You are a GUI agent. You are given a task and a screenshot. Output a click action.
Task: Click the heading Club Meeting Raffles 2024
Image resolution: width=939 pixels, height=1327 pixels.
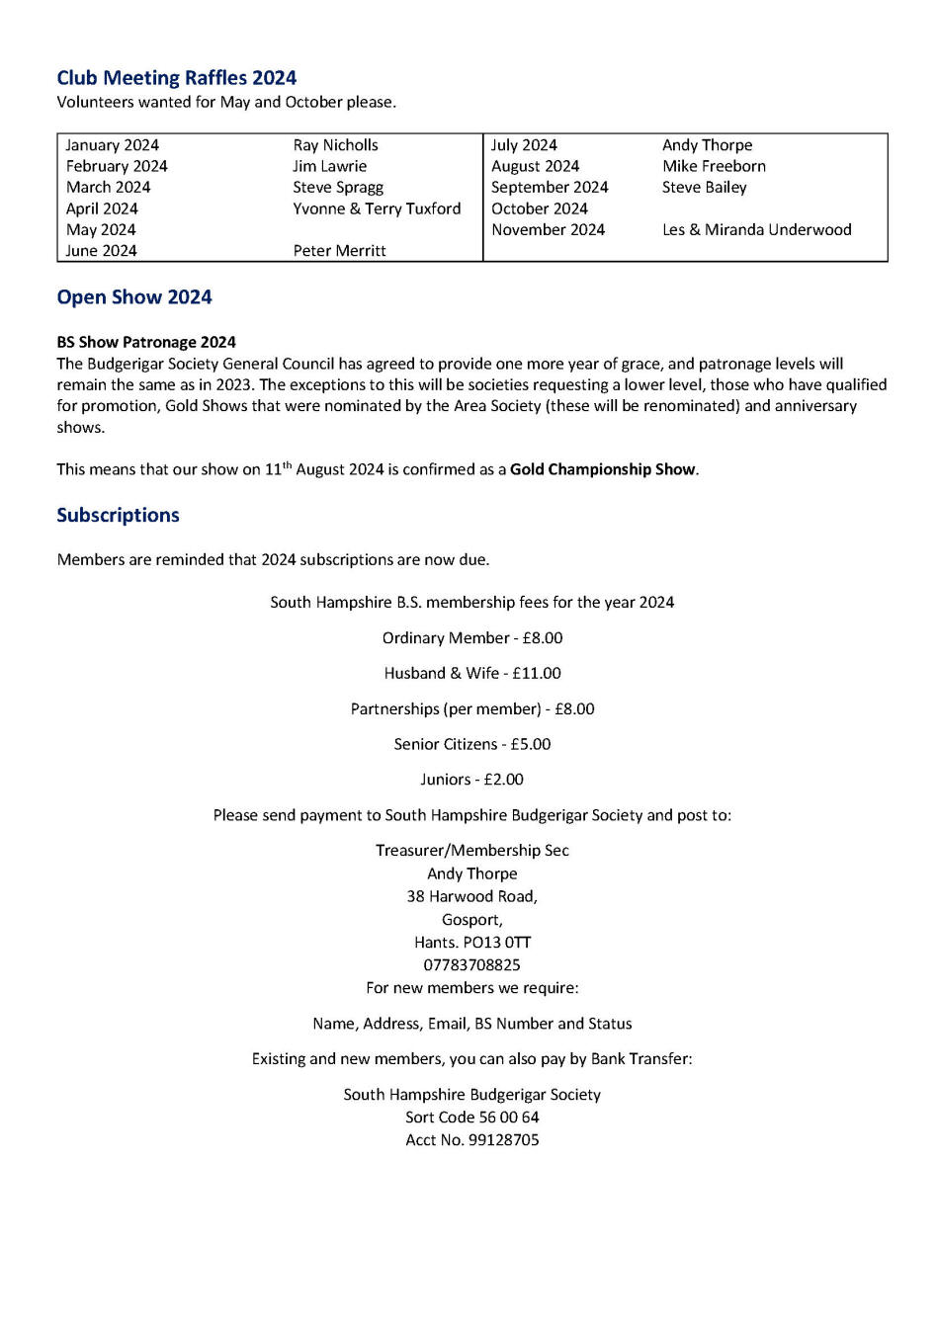(176, 78)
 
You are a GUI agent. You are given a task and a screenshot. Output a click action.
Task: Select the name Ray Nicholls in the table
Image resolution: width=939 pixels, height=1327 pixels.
(335, 145)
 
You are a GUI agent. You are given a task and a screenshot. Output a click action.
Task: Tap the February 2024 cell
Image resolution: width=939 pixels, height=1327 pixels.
(117, 166)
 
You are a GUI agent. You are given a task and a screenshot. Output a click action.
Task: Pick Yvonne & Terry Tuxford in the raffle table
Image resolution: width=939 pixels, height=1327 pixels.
(377, 208)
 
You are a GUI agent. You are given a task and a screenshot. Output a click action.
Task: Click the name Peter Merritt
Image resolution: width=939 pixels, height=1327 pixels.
(339, 251)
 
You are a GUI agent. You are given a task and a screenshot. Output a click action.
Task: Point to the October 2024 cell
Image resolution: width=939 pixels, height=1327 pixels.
(539, 208)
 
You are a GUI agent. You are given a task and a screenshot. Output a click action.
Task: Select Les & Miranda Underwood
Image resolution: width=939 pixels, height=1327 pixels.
(756, 229)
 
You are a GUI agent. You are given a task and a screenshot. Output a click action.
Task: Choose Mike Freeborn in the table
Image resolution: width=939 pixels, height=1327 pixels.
(714, 166)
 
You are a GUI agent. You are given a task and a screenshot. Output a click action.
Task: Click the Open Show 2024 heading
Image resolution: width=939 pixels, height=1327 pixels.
(134, 297)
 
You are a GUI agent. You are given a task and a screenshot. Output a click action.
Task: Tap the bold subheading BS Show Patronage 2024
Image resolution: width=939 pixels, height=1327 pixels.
(146, 342)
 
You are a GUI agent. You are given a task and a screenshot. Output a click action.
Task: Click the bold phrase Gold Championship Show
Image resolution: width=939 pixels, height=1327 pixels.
(602, 469)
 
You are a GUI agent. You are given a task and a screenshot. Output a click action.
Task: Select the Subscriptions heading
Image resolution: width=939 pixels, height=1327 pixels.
(118, 515)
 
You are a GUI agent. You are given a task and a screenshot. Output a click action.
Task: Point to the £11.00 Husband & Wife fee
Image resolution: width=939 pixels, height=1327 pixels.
(537, 673)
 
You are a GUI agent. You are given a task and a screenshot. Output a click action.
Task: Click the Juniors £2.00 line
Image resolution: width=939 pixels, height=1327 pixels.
(471, 780)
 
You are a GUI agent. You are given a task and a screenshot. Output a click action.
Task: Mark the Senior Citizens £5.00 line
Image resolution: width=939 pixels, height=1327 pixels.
(471, 744)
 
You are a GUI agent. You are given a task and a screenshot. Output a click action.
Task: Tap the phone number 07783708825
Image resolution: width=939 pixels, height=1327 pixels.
(471, 965)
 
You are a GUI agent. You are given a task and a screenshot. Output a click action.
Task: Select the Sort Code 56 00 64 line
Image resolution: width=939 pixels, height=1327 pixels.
(471, 1118)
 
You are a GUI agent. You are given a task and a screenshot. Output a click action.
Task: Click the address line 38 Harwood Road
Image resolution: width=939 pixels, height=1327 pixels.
(471, 897)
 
